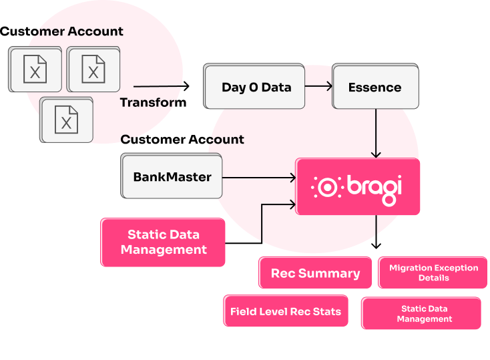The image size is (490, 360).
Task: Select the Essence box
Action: pos(375,87)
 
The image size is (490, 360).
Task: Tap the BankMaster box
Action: pos(172,177)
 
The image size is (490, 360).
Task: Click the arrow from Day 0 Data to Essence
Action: pos(319,86)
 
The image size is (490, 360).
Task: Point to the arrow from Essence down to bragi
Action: pos(376,134)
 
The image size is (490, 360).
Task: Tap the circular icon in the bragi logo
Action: pos(327,187)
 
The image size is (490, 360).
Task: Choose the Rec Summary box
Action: pos(315,273)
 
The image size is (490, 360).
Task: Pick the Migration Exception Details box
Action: pos(433,273)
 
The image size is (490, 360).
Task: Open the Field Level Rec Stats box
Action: pos(285,311)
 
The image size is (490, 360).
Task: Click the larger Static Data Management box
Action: pos(164,242)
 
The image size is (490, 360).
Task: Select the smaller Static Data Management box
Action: pos(424,314)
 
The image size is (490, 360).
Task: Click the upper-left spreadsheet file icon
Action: pos(35,69)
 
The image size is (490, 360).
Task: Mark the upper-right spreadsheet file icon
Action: pos(93,68)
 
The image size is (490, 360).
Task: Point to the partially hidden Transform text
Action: pos(148,103)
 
